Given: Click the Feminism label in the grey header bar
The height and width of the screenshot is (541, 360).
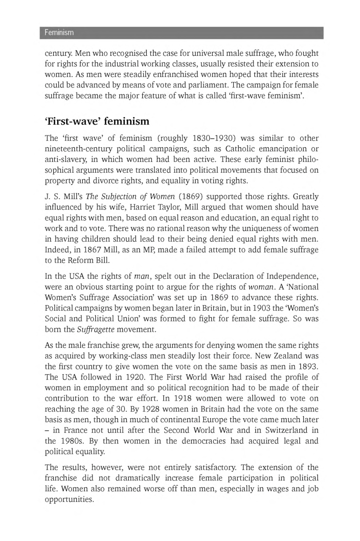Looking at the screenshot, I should coord(59,33).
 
